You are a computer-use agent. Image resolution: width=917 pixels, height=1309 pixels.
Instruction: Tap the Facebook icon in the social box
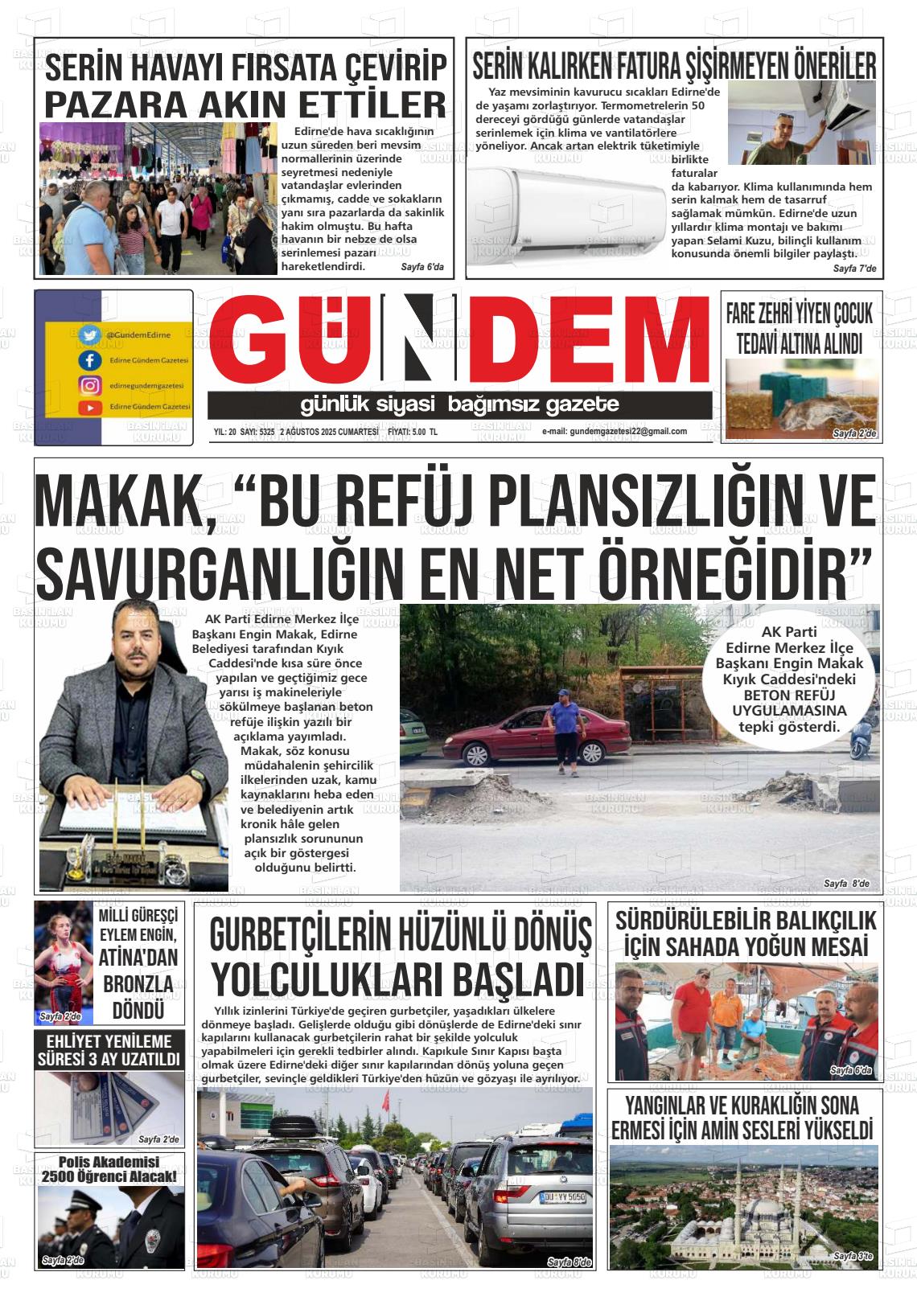click(x=90, y=361)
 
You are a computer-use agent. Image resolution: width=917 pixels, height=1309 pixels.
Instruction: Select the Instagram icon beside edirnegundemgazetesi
click(x=90, y=385)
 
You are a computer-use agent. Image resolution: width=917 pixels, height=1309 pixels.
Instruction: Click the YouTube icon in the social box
click(x=90, y=408)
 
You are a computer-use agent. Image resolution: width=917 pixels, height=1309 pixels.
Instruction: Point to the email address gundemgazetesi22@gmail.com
click(x=614, y=432)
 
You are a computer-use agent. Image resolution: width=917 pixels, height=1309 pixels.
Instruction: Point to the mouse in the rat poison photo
click(x=805, y=413)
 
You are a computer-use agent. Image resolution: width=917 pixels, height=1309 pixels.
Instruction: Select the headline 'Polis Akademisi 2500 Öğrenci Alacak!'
click(x=109, y=1170)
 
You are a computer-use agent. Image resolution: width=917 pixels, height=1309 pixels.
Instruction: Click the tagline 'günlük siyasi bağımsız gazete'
click(x=459, y=404)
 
